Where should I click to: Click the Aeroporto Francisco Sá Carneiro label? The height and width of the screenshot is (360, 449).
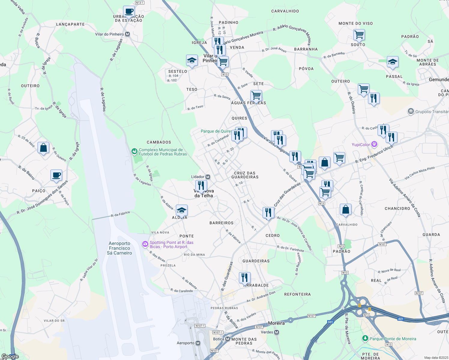[x=119, y=248]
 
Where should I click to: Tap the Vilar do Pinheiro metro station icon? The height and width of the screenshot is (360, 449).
[x=128, y=34]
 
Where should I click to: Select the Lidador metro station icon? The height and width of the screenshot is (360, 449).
[x=208, y=177]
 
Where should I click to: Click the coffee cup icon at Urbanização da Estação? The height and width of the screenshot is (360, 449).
[x=129, y=11]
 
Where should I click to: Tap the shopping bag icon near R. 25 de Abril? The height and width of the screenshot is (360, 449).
[x=44, y=148]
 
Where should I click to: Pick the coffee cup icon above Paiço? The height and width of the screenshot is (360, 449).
[x=56, y=175]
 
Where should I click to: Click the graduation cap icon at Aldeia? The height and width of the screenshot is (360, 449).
[x=182, y=210]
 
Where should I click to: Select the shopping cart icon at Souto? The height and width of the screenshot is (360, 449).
[x=359, y=35]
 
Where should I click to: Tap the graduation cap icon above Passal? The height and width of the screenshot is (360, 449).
[x=393, y=62]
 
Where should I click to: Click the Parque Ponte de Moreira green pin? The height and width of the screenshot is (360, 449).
[x=365, y=338]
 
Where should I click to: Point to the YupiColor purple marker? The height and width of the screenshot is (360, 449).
[x=374, y=144]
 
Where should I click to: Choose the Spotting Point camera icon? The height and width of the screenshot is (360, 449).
[x=145, y=244]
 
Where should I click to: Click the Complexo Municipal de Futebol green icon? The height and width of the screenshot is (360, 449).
[x=134, y=151]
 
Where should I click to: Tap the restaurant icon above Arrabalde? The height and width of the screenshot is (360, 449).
[x=245, y=277]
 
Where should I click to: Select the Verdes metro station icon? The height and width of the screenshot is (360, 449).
[x=277, y=332]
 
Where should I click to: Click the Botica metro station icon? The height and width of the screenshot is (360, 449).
[x=228, y=339]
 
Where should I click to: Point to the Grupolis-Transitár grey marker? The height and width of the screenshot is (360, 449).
[x=411, y=112]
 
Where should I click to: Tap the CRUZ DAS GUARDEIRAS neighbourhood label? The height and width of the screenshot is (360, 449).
[x=245, y=175]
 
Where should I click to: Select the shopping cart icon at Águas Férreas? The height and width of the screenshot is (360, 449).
[x=256, y=96]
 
